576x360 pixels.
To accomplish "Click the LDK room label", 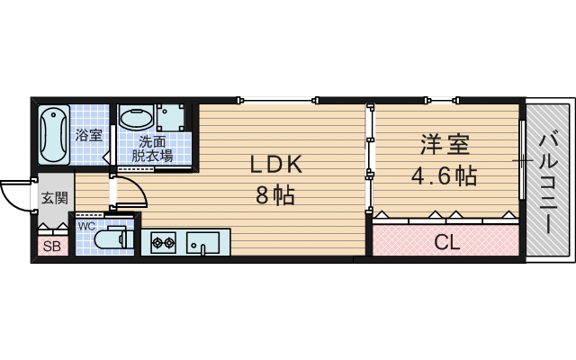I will coord(275,164).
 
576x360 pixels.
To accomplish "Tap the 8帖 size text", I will coord(275,194).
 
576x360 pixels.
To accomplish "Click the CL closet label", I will coord(446,242).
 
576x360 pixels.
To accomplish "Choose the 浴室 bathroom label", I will coord(89,135).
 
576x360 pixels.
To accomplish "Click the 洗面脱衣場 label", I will coord(152,148).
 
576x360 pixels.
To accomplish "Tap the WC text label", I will coord(86,226).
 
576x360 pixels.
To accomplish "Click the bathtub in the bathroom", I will coord(55,135).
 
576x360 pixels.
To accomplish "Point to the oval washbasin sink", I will coord(137,118).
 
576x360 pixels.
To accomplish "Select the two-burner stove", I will coord(163,241).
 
